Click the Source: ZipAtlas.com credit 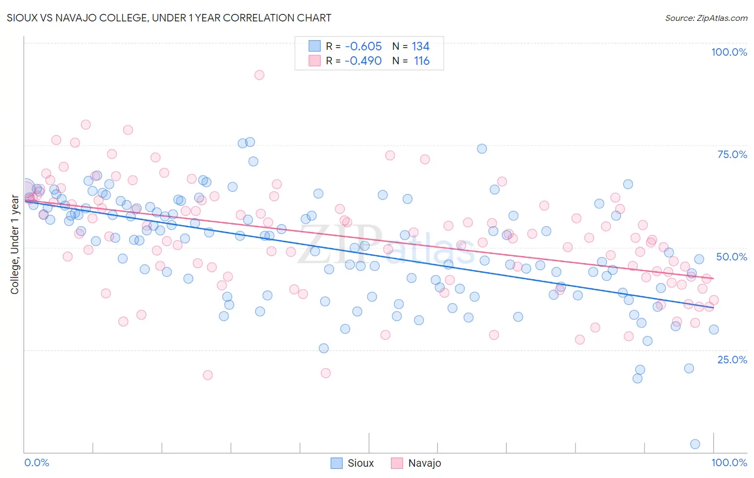pyautogui.click(x=706, y=18)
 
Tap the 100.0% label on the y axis pyautogui.click(x=729, y=52)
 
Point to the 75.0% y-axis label pyautogui.click(x=732, y=154)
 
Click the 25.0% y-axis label pyautogui.click(x=732, y=360)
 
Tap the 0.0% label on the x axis pyautogui.click(x=36, y=462)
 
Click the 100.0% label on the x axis pyautogui.click(x=729, y=462)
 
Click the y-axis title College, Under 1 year pyautogui.click(x=14, y=245)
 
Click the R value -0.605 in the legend pyautogui.click(x=363, y=47)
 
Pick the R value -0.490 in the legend pyautogui.click(x=363, y=61)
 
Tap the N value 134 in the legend pyautogui.click(x=420, y=47)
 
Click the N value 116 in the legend pyautogui.click(x=422, y=61)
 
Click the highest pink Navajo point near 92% pyautogui.click(x=259, y=75)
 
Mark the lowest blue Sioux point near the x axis pyautogui.click(x=695, y=444)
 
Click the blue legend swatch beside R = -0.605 pyautogui.click(x=314, y=46)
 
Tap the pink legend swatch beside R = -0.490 pyautogui.click(x=314, y=61)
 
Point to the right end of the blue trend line pyautogui.click(x=713, y=308)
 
